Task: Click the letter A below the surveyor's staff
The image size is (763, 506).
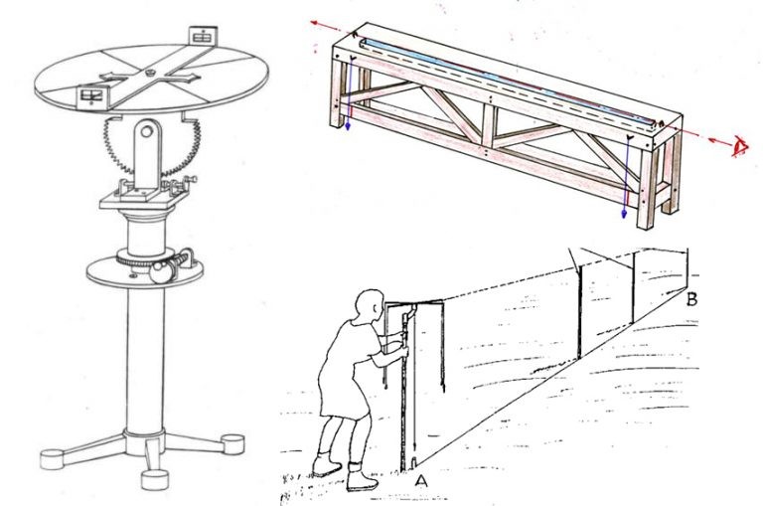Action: coord(421,481)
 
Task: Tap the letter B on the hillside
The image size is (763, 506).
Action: coord(691,299)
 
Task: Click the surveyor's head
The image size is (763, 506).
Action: coord(369,305)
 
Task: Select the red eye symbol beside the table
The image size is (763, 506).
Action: coord(740,147)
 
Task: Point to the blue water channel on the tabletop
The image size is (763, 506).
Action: coord(509,81)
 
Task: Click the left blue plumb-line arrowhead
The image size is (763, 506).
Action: coord(348,126)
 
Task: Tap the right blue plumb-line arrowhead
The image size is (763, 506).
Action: coord(624,215)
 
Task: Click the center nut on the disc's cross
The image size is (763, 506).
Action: coord(150,73)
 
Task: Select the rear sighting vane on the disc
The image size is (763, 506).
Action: coord(202,36)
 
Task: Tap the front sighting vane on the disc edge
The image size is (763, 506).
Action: coord(91,96)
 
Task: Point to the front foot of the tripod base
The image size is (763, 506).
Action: coord(155,479)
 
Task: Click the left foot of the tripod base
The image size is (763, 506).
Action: coord(52,459)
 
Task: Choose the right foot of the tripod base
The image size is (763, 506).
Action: coord(232,444)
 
